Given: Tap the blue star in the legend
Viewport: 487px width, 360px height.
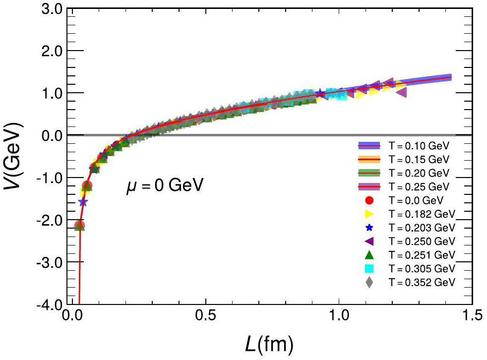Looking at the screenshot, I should (x=369, y=228).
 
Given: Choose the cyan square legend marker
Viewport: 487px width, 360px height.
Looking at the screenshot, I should (x=369, y=268).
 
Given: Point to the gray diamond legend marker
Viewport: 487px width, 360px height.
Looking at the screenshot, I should (x=369, y=282).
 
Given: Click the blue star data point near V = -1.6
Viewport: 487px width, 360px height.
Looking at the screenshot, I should (x=83, y=202).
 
